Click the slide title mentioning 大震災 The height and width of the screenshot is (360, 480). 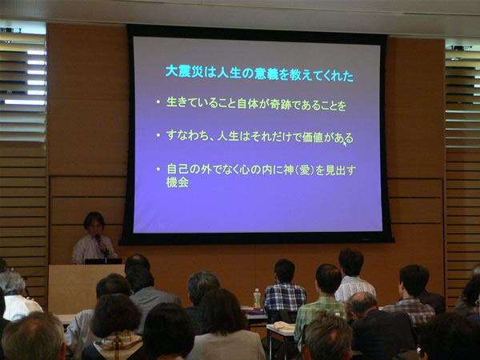pyautogui.click(x=259, y=74)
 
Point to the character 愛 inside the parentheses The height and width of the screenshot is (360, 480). pyautogui.click(x=305, y=170)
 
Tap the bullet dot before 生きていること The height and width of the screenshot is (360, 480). pyautogui.click(x=158, y=102)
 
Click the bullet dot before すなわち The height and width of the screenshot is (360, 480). pyautogui.click(x=158, y=134)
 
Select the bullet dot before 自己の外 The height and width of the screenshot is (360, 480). pyautogui.click(x=158, y=169)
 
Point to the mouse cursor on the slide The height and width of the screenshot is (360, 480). pyautogui.click(x=345, y=143)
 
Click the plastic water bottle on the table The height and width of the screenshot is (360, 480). pyautogui.click(x=257, y=298)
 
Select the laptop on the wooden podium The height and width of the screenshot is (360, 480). pyautogui.click(x=103, y=262)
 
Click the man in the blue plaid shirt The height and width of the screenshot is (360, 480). pyautogui.click(x=285, y=290)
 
